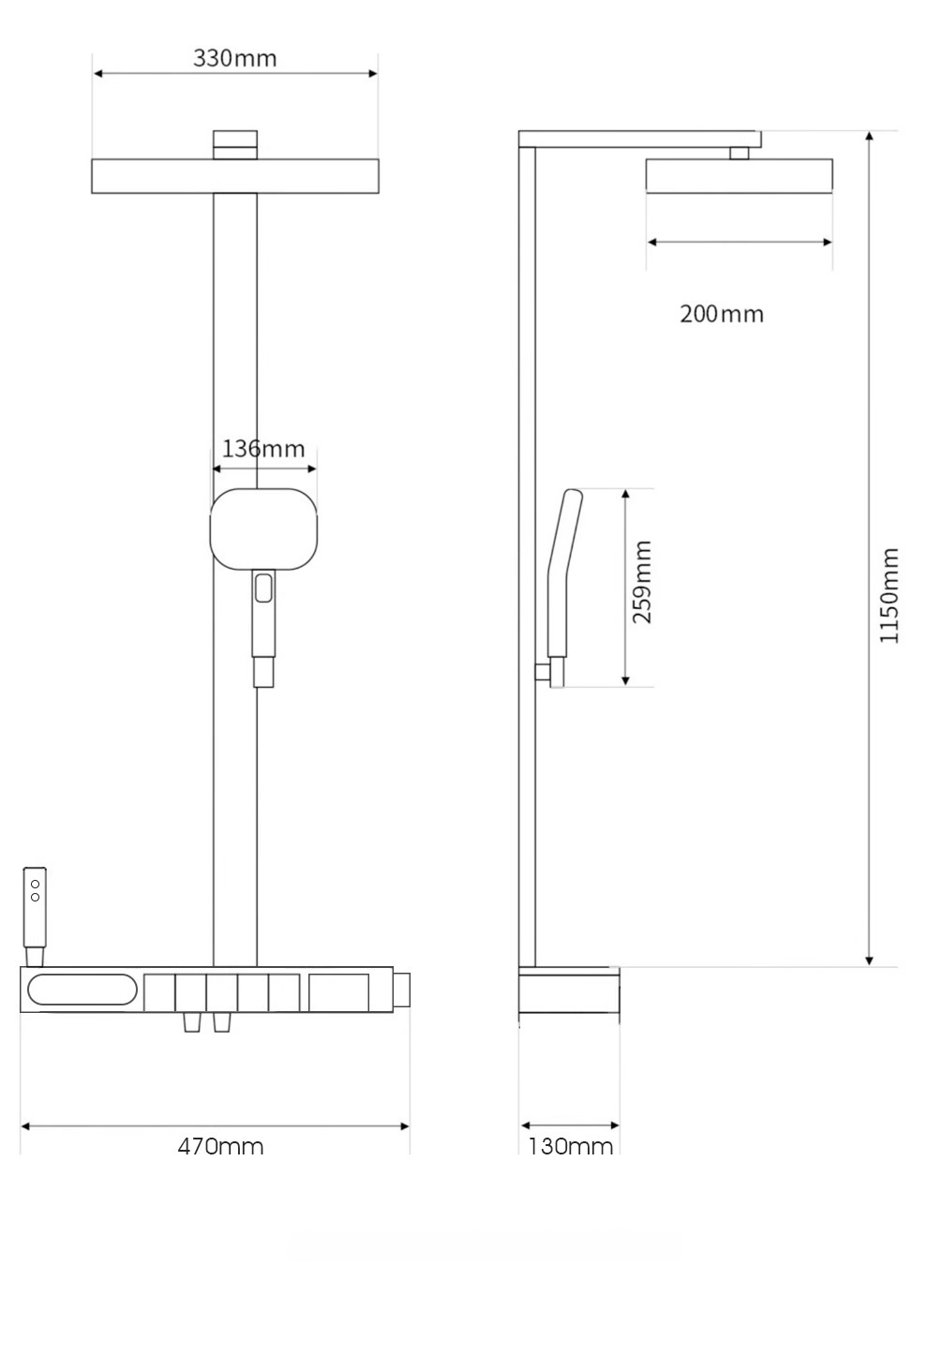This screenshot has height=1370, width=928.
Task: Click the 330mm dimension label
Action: (x=235, y=59)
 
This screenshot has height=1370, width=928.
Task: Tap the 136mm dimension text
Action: (x=263, y=449)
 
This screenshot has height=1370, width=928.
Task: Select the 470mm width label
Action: (x=221, y=1145)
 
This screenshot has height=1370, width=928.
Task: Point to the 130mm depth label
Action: (x=570, y=1145)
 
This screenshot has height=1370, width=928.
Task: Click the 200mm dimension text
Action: (x=722, y=314)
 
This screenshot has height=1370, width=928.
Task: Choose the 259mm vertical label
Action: (x=642, y=582)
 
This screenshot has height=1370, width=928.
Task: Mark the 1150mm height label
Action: (x=889, y=595)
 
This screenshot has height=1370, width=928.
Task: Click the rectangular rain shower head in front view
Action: (x=235, y=176)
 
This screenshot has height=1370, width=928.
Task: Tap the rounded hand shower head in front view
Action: (x=263, y=529)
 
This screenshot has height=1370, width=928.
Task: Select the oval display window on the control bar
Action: (x=82, y=990)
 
